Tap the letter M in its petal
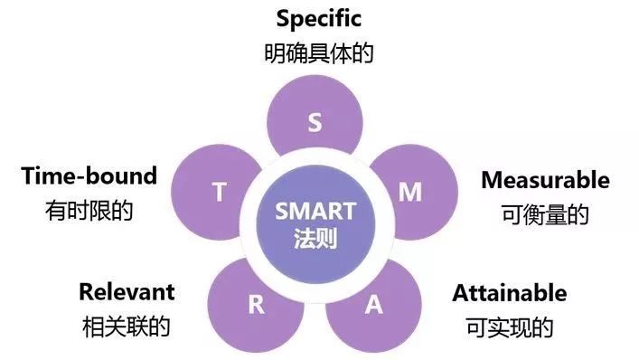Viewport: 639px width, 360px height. (410, 192)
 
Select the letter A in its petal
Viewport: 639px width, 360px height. (373, 305)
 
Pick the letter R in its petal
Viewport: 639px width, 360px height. (257, 305)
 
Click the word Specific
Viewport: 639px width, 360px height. (319, 18)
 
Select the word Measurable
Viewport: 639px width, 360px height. (545, 180)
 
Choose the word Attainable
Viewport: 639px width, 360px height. (510, 293)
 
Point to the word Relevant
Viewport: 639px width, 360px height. (127, 292)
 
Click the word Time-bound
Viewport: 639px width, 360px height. (89, 175)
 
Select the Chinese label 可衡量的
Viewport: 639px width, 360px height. (545, 214)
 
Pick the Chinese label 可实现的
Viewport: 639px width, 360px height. (510, 327)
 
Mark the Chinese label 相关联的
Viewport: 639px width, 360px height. (127, 327)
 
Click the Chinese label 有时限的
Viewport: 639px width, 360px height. (89, 211)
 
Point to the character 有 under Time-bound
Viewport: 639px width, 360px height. (56, 211)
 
